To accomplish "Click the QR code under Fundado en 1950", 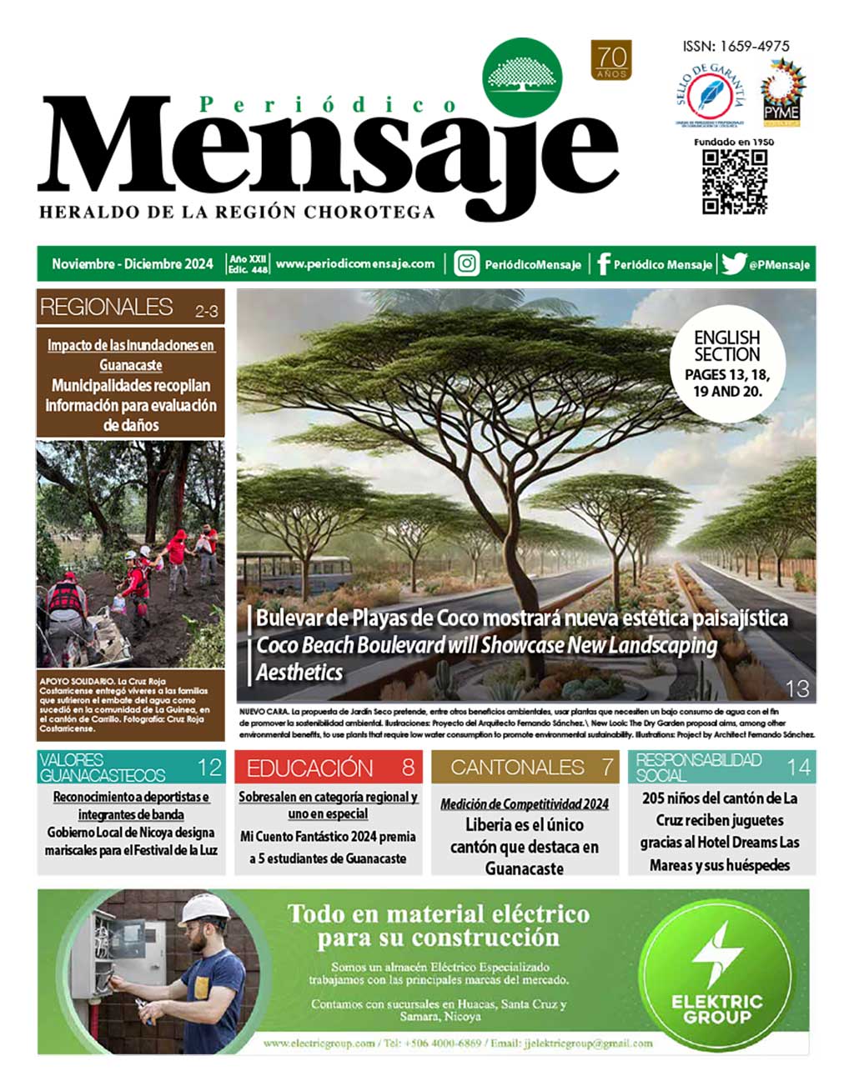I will coord(734,182).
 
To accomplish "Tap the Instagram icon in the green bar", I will coord(466,264).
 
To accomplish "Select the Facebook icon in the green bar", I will coord(603,264).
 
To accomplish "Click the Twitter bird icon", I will coord(733,264).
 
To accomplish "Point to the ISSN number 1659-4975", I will coord(736,47).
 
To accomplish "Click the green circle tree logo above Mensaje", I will coord(523,77).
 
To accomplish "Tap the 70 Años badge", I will coord(611,61).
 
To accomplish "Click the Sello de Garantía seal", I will coord(711,97).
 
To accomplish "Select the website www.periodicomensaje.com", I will coord(355,264).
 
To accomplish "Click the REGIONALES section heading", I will coord(106,307).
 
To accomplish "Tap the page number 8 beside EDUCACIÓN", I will coord(408,767).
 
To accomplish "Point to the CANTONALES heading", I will coord(517,767).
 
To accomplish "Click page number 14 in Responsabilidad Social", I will coord(798,767).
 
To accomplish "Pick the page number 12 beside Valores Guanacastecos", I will coord(209,767).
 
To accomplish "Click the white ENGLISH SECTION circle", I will coord(726,364).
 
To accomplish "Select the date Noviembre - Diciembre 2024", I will coord(133,264).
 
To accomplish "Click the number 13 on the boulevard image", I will coord(797,688).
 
